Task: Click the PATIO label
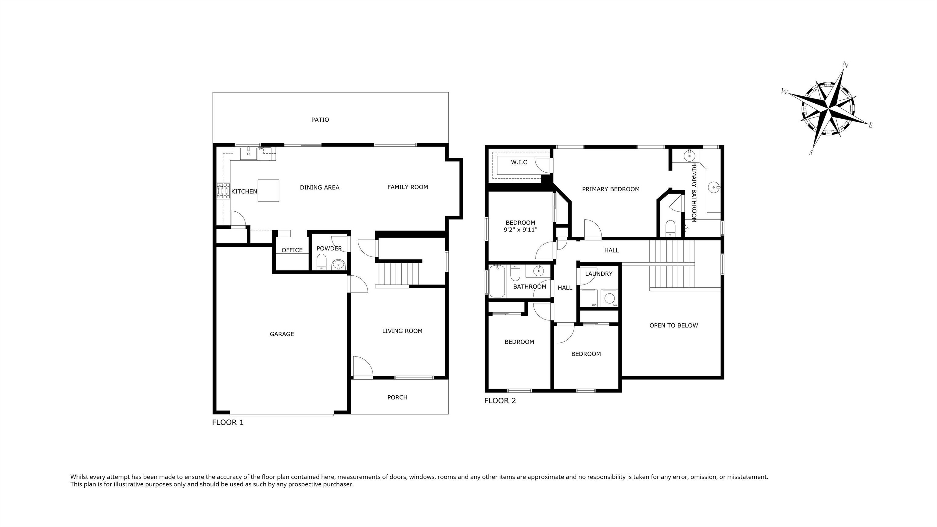click(320, 120)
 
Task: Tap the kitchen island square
click(268, 191)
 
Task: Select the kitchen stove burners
click(223, 191)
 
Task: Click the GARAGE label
click(282, 334)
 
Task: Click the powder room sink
click(338, 264)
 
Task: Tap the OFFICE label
click(292, 250)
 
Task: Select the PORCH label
click(397, 397)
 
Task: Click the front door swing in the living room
click(363, 367)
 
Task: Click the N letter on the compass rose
click(846, 65)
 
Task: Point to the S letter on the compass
click(811, 153)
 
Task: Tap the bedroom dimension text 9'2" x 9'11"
click(521, 230)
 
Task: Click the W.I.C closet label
click(519, 162)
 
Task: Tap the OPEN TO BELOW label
click(674, 325)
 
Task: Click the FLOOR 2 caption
click(500, 401)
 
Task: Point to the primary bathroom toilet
click(670, 228)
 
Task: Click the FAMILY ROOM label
click(407, 187)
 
